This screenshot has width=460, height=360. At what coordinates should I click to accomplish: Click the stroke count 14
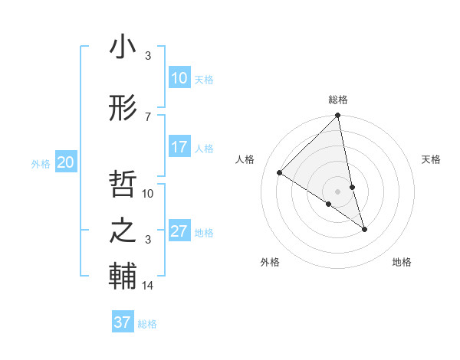click(x=148, y=286)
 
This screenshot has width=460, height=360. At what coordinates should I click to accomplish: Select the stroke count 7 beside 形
click(x=148, y=116)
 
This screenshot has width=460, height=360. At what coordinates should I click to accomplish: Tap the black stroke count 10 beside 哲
click(x=148, y=193)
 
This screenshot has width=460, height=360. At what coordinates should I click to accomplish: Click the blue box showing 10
click(x=179, y=78)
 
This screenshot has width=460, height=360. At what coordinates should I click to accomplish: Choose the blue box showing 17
click(x=179, y=147)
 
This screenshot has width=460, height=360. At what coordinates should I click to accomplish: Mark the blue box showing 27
click(x=179, y=231)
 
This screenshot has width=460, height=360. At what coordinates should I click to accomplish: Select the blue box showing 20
click(x=65, y=162)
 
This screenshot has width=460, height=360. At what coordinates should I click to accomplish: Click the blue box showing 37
click(x=122, y=322)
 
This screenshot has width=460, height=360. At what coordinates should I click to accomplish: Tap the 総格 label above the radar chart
click(x=338, y=100)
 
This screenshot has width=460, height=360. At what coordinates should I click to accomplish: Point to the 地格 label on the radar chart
click(x=402, y=263)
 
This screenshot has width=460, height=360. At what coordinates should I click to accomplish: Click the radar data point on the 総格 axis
click(x=338, y=116)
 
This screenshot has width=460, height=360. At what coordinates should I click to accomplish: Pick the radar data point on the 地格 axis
click(x=364, y=229)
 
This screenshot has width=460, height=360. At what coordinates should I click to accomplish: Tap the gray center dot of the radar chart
click(x=338, y=191)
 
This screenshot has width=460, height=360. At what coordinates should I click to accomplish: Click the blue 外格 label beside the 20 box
click(x=41, y=163)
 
